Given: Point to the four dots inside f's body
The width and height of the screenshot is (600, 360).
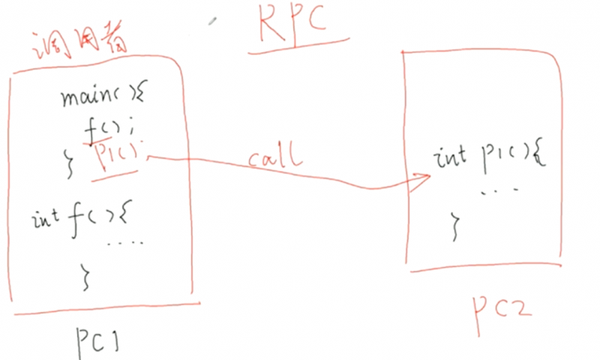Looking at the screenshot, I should pyautogui.click(x=124, y=242).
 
